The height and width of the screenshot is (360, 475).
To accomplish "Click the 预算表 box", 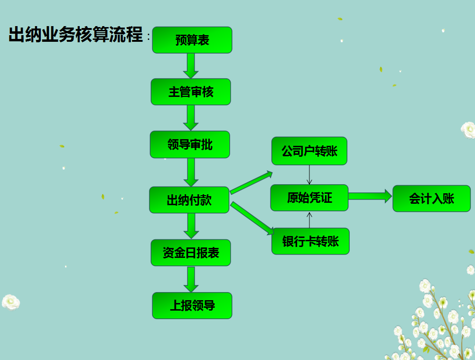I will (192, 40).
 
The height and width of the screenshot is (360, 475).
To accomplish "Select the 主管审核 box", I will (191, 92).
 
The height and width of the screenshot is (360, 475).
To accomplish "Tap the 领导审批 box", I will (190, 144).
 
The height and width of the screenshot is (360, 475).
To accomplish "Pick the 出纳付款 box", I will (189, 200).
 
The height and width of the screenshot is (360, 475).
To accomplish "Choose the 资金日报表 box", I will (191, 253).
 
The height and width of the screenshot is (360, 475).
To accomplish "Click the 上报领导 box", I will (192, 305).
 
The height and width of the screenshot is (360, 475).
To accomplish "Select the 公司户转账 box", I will (309, 151).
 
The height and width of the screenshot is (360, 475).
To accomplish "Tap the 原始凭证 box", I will (309, 198).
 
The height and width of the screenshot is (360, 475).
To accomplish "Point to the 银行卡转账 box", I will (310, 241).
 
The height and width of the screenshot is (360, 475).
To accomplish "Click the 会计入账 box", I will (431, 198).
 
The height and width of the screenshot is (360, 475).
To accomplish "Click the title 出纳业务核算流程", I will (76, 35).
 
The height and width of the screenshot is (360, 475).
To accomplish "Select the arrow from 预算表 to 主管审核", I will (191, 66).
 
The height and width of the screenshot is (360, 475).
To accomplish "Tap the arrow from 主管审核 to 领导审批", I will (191, 117).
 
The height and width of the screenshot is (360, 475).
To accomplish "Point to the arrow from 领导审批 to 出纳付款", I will (191, 172).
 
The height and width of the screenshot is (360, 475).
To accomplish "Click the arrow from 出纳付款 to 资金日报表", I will (191, 226).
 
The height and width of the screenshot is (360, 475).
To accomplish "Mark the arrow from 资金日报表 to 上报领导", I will (191, 279).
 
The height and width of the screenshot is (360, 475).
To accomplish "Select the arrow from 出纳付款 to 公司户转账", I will (251, 182).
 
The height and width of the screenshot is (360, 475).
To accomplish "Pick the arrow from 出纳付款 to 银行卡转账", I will (253, 218).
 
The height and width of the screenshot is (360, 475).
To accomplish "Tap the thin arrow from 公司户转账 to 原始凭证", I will (309, 175).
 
